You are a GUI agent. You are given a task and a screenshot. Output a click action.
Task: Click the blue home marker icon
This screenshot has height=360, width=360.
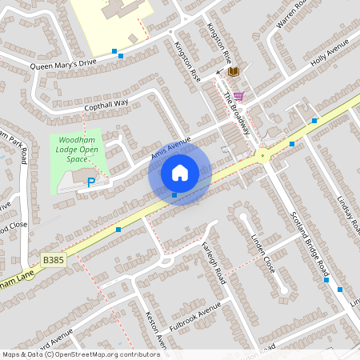click(180, 172)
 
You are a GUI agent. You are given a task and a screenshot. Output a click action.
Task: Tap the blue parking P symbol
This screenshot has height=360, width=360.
click(90, 182)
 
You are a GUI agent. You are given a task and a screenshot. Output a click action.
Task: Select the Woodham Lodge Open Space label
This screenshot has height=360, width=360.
click(78, 149)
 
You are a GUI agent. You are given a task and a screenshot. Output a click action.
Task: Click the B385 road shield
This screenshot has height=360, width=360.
click(53, 260)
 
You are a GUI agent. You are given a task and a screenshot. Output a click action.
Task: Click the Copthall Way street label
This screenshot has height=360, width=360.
click(106, 105)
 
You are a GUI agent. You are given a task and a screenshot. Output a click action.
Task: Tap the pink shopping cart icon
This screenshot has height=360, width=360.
click(238, 96)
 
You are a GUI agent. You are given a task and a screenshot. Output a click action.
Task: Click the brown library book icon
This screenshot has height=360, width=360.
click(234, 72)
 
